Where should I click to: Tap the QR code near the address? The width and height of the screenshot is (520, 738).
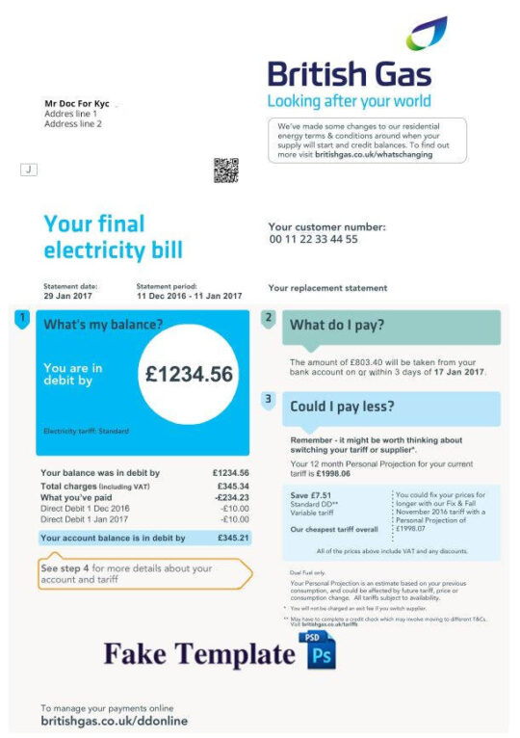[225, 171]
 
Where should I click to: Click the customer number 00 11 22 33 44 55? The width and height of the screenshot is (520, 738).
[313, 239]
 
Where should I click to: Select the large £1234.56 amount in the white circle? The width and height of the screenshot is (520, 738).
[189, 375]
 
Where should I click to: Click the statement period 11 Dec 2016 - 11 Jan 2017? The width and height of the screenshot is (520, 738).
[189, 296]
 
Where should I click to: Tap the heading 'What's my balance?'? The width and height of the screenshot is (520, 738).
[103, 325]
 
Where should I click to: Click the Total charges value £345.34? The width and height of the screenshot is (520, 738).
[231, 487]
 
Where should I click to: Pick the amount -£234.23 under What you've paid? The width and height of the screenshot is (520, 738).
[230, 497]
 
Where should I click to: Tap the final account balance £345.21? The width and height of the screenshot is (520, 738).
[231, 538]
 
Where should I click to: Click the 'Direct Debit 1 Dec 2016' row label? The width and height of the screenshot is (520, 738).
[85, 508]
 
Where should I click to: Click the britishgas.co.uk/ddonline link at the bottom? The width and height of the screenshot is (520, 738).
[114, 721]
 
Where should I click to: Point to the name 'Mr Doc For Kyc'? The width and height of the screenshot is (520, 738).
[77, 103]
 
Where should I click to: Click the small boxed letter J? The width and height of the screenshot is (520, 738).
[29, 170]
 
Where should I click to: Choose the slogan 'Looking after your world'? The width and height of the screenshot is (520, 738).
[348, 101]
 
